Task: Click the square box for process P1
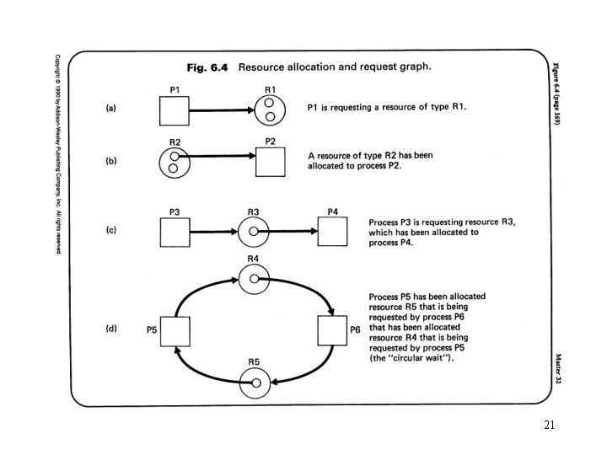click(174, 110)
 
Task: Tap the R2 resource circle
click(174, 163)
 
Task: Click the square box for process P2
click(270, 163)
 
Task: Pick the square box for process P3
click(174, 232)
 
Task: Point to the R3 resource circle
click(253, 232)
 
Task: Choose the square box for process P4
click(331, 232)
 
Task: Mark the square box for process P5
click(175, 330)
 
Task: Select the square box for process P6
click(331, 330)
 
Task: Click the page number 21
click(549, 426)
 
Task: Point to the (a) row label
click(110, 110)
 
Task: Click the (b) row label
click(110, 163)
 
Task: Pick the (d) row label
click(110, 329)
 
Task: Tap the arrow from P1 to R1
click(221, 110)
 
